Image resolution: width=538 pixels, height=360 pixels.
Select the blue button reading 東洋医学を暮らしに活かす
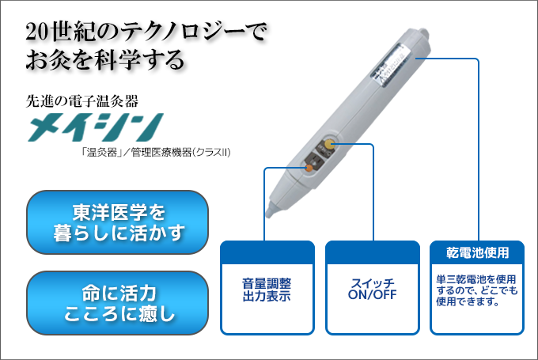[118, 222]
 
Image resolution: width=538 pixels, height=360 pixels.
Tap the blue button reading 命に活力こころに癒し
[118, 303]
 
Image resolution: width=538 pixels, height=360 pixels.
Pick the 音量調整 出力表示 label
[267, 290]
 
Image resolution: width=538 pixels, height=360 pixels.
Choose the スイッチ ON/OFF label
[371, 290]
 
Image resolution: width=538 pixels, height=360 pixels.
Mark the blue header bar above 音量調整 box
[267, 253]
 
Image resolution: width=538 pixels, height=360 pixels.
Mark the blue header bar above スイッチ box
[371, 253]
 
